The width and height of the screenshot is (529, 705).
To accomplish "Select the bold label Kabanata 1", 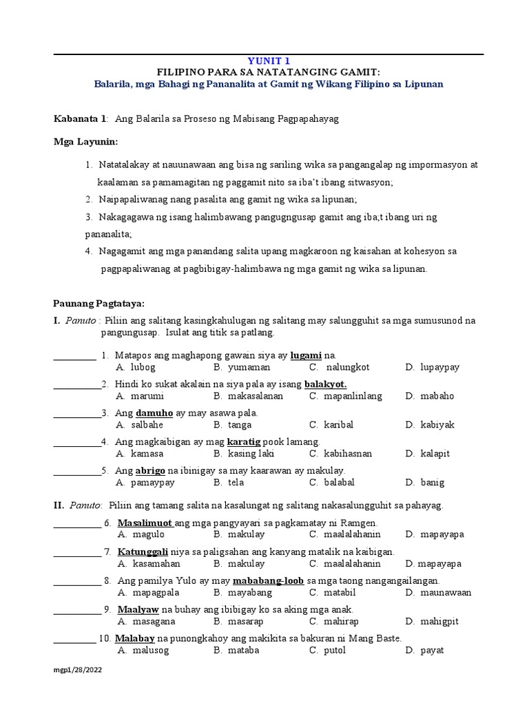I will (80, 119).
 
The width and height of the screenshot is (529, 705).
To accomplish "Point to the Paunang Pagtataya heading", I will (99, 303).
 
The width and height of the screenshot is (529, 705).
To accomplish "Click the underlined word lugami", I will (307, 355).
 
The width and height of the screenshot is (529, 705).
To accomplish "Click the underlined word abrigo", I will (150, 470).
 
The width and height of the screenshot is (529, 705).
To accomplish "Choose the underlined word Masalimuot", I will (145, 523).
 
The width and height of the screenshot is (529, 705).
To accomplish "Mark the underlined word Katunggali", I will (143, 552).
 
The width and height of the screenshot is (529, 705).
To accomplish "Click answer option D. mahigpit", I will (432, 621).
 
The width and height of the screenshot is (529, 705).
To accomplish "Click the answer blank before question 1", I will (74, 357).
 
